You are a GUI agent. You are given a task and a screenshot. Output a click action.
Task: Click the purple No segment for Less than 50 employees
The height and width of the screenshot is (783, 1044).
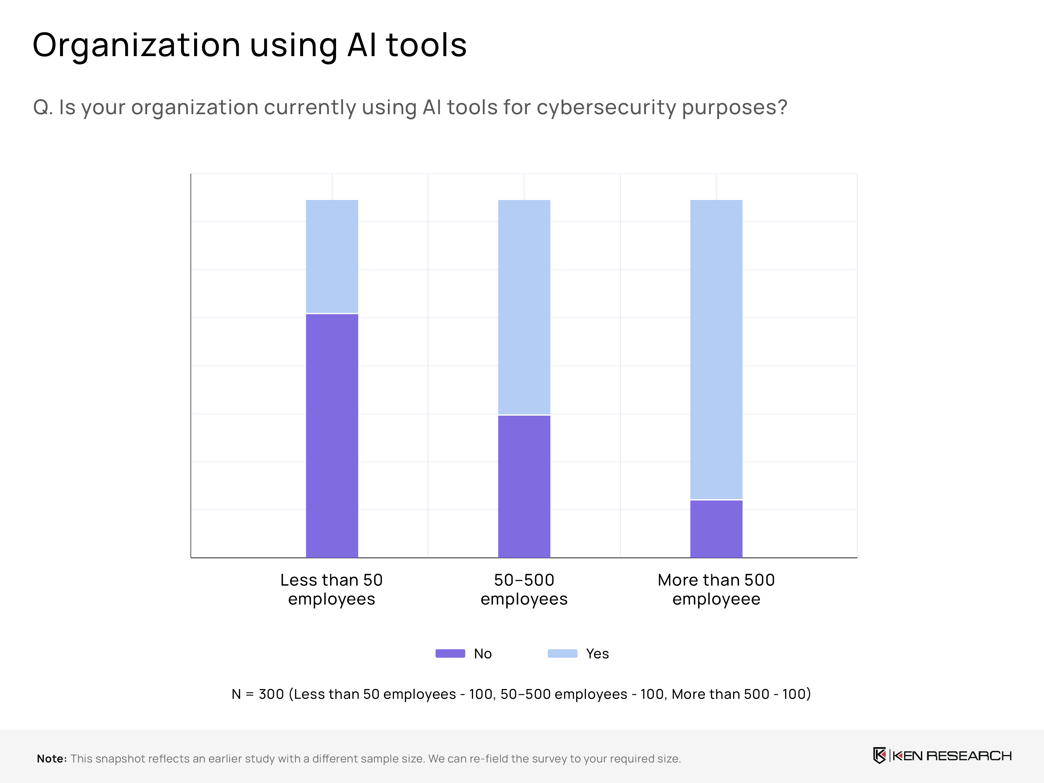pos(332,435)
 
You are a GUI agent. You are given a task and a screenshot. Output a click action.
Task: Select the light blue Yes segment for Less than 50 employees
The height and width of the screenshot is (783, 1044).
pos(332,256)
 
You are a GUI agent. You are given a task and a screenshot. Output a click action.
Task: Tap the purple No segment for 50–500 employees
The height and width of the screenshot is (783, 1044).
pos(524,486)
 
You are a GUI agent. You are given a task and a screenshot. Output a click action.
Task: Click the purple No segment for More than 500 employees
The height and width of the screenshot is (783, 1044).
pos(716,529)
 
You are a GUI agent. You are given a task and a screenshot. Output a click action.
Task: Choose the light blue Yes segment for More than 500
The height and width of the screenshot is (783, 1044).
pos(716,349)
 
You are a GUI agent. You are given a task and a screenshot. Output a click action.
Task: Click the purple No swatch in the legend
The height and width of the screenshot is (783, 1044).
pos(450,653)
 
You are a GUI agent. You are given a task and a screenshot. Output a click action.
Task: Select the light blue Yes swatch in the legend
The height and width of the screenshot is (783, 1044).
pos(562,653)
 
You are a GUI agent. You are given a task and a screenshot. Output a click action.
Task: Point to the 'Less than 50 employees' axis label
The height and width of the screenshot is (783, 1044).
pos(331,589)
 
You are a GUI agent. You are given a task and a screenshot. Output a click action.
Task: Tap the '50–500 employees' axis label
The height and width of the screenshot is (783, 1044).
pos(524,589)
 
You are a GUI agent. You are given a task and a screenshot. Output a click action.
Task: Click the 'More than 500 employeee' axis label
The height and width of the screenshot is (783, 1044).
pos(716,589)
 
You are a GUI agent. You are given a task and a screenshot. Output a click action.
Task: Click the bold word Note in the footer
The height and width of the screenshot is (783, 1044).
pos(52,759)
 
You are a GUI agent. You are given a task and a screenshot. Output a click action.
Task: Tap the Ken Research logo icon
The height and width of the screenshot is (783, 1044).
pos(879,756)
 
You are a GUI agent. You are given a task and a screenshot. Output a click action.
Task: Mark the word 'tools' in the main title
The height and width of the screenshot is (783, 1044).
pos(426,46)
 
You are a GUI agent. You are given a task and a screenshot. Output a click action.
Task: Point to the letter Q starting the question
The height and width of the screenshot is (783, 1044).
pos(41,108)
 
